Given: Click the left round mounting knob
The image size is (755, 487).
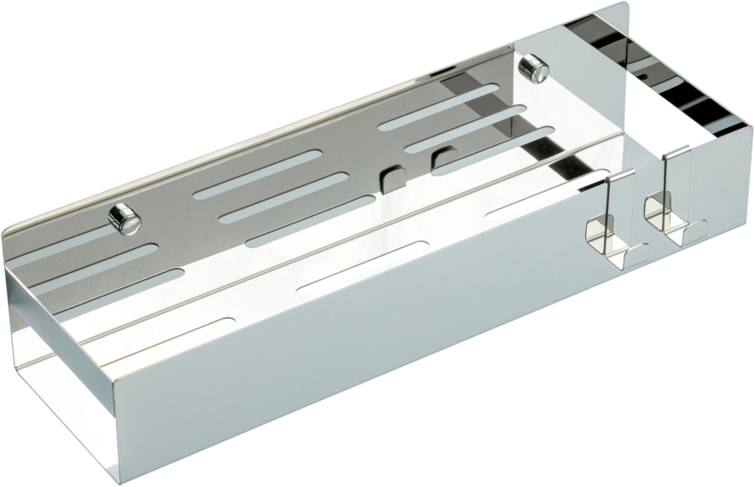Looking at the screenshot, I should coord(124,217).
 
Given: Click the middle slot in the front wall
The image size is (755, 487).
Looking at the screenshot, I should coord(362,269).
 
